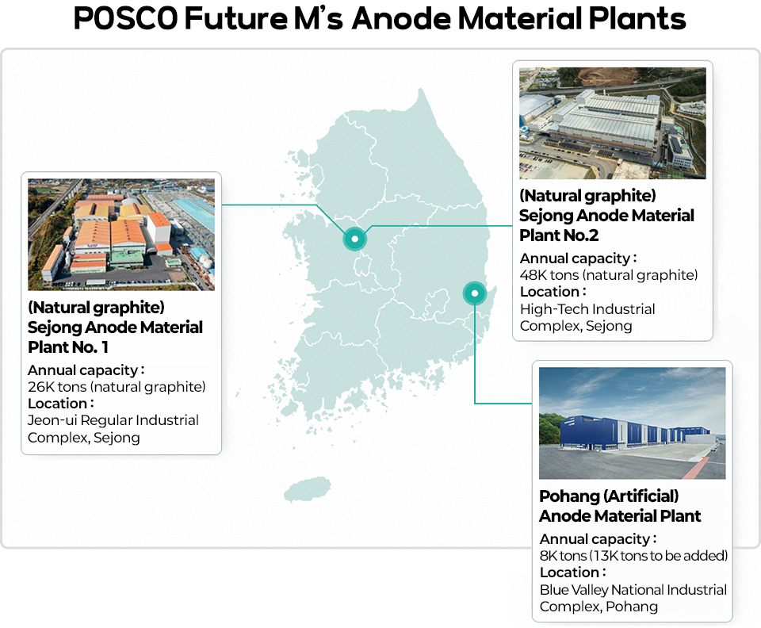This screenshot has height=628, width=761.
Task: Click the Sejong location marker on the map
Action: click(x=355, y=239)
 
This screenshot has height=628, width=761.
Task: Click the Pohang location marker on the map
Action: click(x=475, y=293)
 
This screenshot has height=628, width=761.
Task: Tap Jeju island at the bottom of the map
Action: click(x=308, y=489)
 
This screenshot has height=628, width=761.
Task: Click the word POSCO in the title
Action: click(x=126, y=18)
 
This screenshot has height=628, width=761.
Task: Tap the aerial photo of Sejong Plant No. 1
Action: click(x=121, y=235)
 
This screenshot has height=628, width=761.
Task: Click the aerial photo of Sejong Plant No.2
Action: click(x=613, y=123)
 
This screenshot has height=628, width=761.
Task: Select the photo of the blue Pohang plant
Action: click(x=633, y=423)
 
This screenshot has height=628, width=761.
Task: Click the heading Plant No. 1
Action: click(x=68, y=347)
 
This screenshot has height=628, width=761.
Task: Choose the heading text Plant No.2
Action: click(x=559, y=235)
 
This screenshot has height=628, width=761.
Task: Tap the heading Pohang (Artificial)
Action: click(x=609, y=496)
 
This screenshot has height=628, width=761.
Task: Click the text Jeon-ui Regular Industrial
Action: click(x=113, y=419)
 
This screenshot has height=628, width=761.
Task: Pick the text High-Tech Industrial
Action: click(x=587, y=309)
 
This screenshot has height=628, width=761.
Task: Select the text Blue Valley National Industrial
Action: click(x=633, y=590)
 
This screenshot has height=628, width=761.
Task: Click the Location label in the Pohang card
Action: click(x=572, y=572)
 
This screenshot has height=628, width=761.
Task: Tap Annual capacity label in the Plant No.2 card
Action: click(x=578, y=258)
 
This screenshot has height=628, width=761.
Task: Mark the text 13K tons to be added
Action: click(x=659, y=556)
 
